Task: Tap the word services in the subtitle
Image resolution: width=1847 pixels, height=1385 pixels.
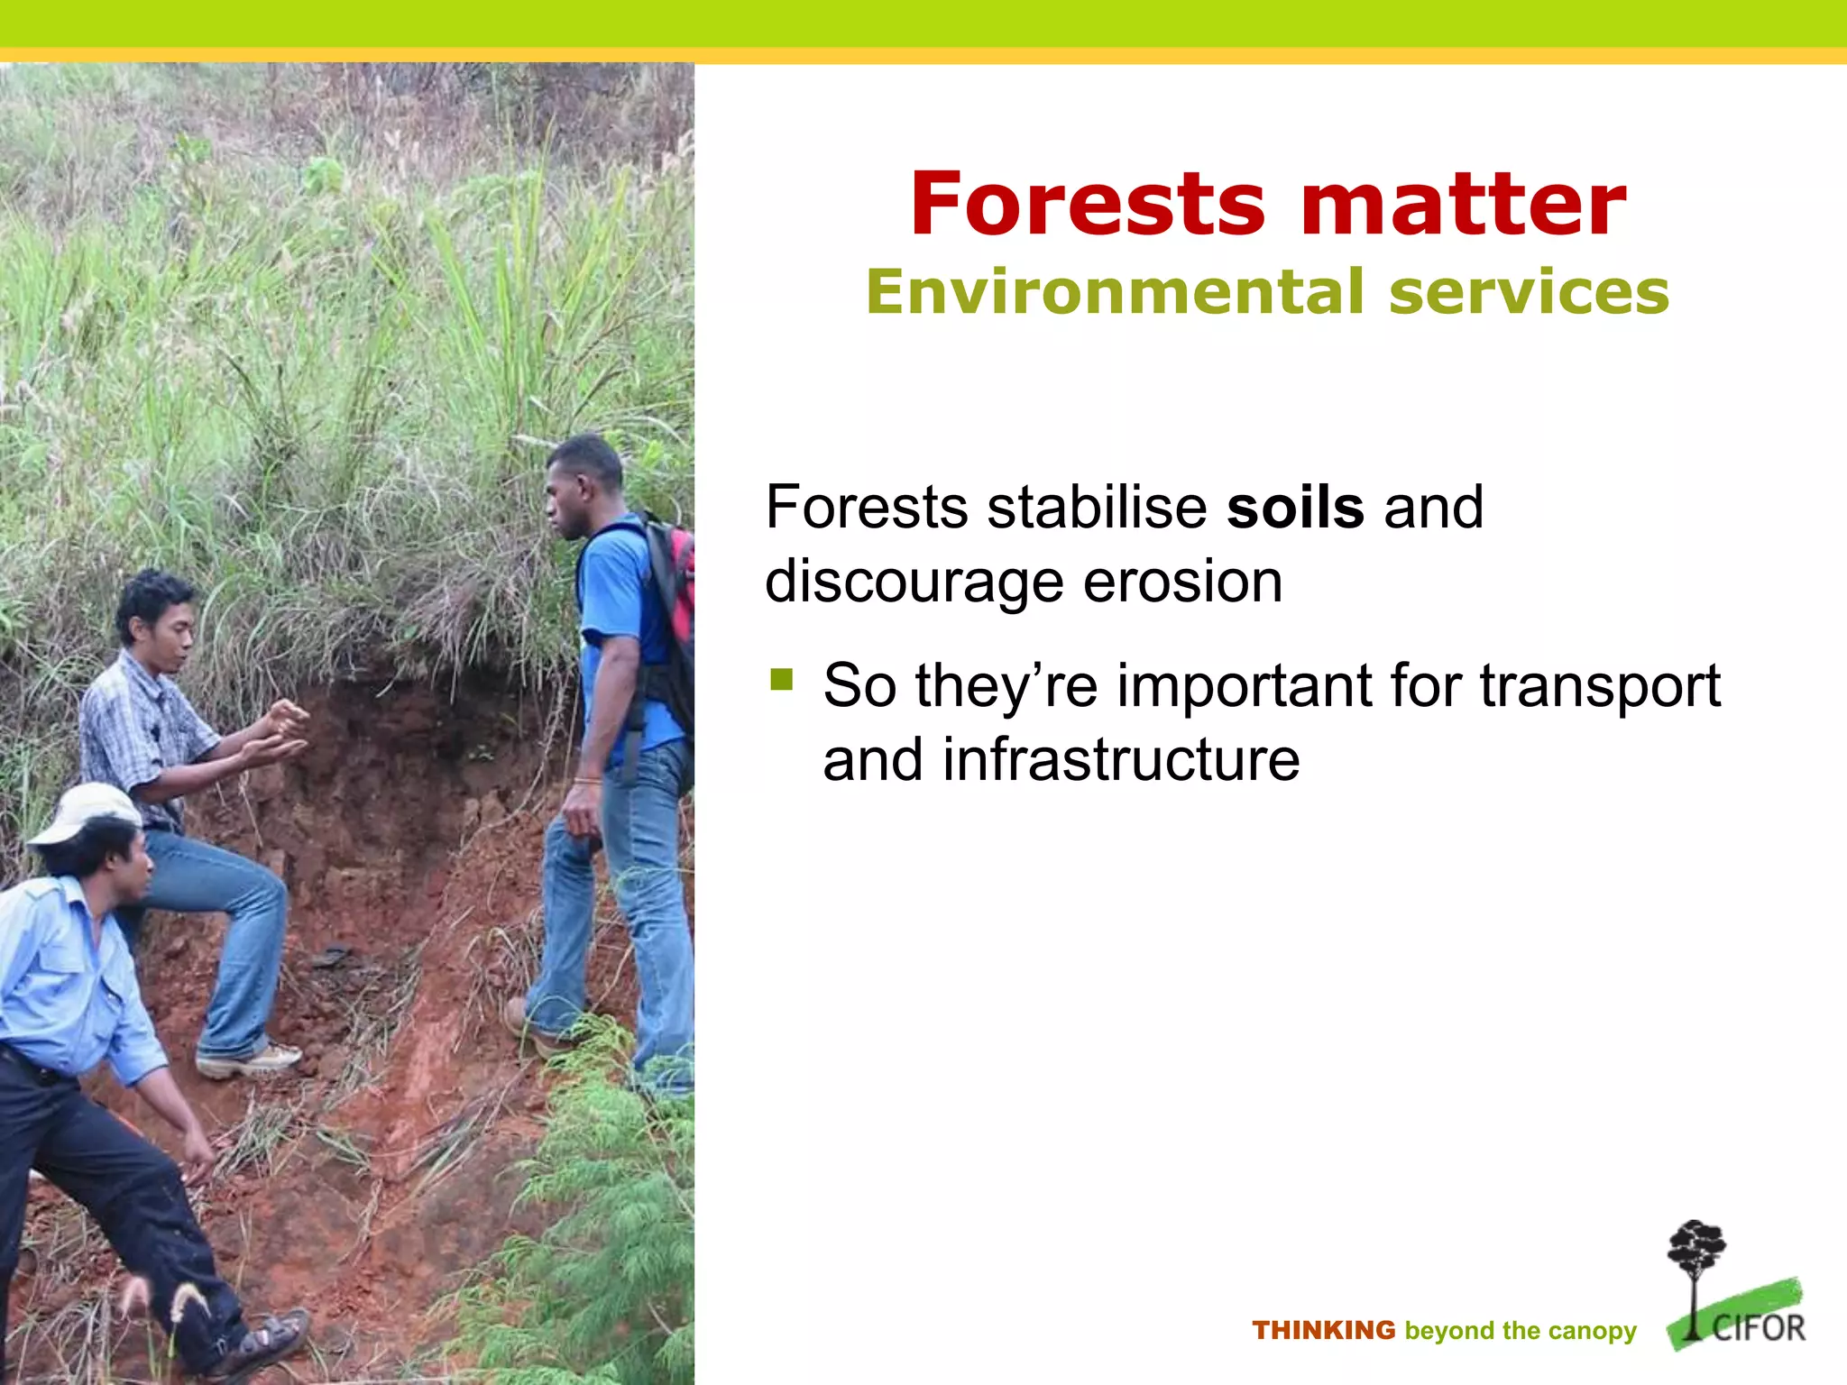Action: click(1529, 292)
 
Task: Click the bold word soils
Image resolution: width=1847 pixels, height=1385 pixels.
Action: click(1295, 508)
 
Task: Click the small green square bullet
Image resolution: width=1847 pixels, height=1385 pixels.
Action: click(781, 678)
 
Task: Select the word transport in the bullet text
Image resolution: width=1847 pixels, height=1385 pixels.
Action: click(1600, 687)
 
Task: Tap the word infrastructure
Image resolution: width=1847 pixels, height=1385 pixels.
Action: click(1121, 760)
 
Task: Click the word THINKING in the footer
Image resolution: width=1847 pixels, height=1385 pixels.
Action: click(1323, 1330)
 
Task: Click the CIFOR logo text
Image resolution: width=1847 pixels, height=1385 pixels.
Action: click(1758, 1328)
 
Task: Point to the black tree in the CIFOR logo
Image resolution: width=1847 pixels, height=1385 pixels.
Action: click(1695, 1262)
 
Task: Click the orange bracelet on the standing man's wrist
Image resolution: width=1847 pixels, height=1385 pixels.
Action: click(588, 781)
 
